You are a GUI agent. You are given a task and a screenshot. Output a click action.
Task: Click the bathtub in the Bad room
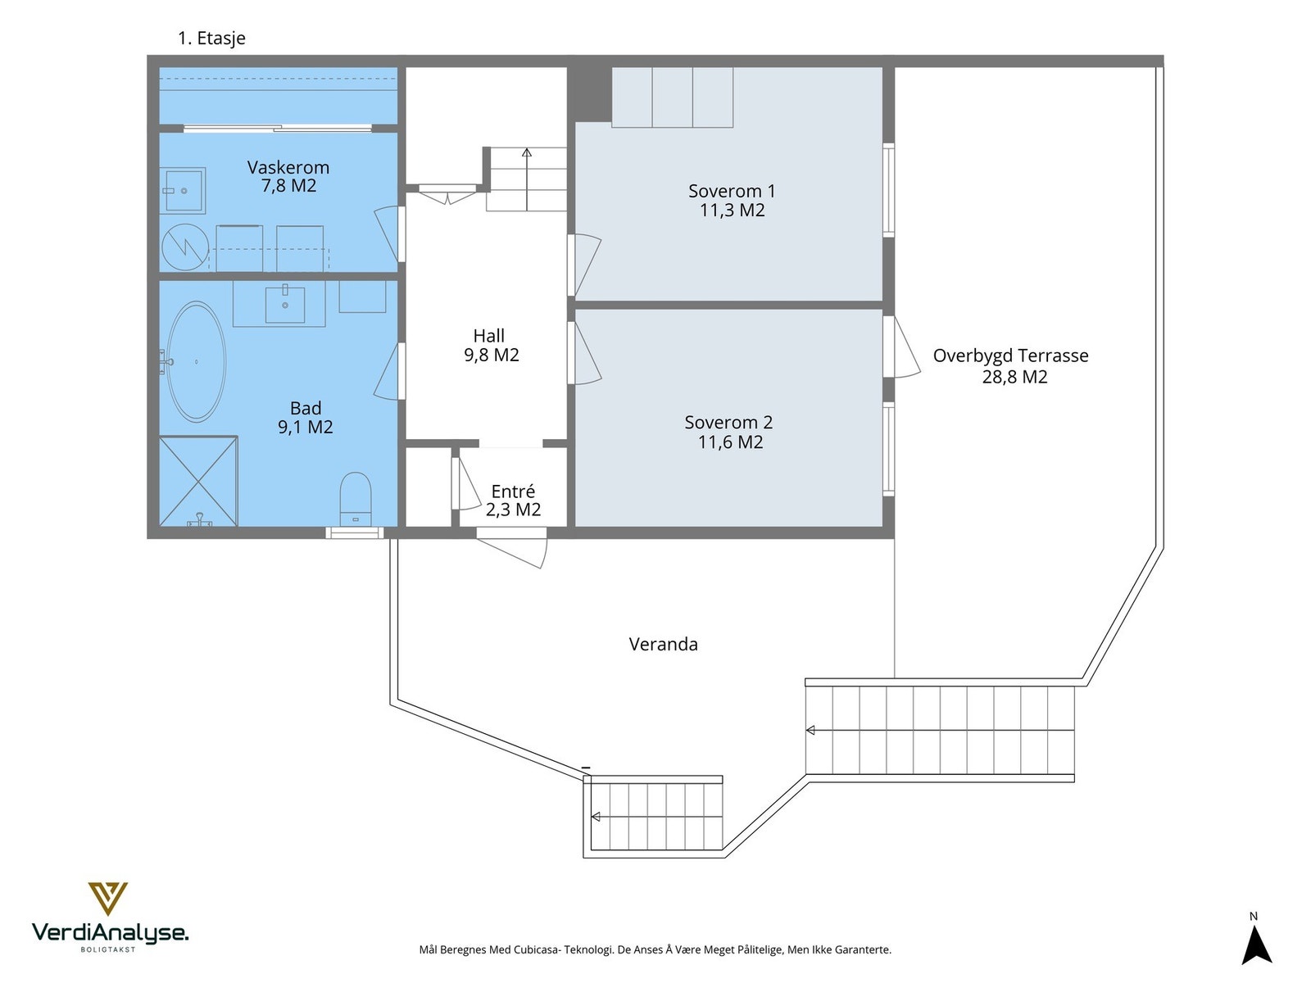(x=196, y=362)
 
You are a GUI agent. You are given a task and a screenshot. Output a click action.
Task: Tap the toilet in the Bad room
(x=356, y=500)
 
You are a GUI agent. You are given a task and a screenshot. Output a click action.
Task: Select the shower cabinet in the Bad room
(x=198, y=482)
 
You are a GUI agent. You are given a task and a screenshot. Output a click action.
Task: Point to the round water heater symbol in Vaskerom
(x=185, y=247)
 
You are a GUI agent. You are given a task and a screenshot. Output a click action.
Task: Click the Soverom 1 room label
(x=732, y=191)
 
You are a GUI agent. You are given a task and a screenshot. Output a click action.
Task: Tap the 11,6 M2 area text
(x=730, y=442)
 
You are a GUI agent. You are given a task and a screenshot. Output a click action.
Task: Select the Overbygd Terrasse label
(x=1010, y=356)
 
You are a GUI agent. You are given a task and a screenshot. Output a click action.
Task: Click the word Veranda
(x=663, y=645)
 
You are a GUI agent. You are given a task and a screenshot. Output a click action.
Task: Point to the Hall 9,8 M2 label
(x=491, y=346)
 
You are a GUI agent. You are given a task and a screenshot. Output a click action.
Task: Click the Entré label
(x=513, y=491)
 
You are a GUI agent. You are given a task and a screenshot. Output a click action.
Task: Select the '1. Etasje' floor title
(x=211, y=39)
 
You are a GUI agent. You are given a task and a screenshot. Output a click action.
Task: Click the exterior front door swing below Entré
(x=512, y=552)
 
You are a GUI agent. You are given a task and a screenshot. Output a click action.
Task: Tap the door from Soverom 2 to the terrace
(x=900, y=347)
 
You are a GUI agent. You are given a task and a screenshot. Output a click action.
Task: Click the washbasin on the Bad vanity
(x=285, y=304)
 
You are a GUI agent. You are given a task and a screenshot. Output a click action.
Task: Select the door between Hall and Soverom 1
(x=583, y=265)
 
